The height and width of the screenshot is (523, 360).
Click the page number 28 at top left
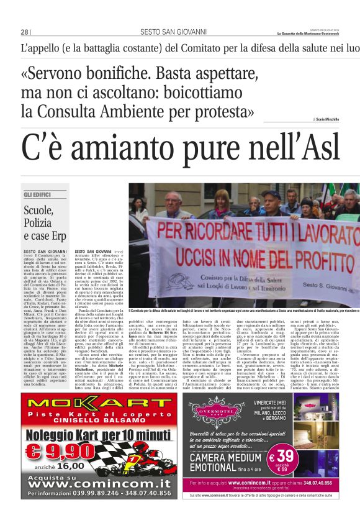[25, 32]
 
